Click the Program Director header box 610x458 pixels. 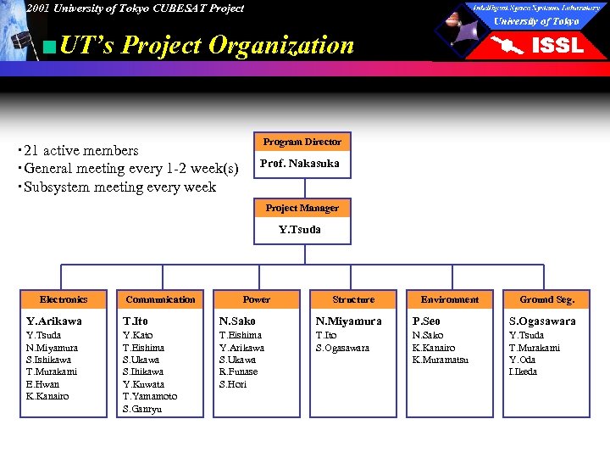pyautogui.click(x=302, y=142)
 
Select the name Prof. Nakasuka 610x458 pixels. pyautogui.click(x=300, y=164)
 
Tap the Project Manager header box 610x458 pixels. pyautogui.click(x=302, y=208)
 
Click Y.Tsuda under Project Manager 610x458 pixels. pyautogui.click(x=300, y=229)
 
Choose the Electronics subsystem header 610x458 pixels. pyautogui.click(x=64, y=299)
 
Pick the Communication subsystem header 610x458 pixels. pyautogui.click(x=160, y=299)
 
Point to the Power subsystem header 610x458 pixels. pyautogui.click(x=257, y=299)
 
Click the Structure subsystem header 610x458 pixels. pyautogui.click(x=353, y=299)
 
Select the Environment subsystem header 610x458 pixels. pyautogui.click(x=450, y=299)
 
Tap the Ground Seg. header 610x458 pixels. pyautogui.click(x=547, y=299)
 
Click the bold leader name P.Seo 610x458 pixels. pyautogui.click(x=426, y=321)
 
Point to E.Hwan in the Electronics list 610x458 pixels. pyautogui.click(x=43, y=384)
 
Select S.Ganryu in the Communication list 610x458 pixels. pyautogui.click(x=142, y=409)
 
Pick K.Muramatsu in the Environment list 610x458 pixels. pyautogui.click(x=441, y=360)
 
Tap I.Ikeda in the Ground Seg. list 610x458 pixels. pyautogui.click(x=523, y=371)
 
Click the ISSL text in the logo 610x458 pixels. pyautogui.click(x=557, y=45)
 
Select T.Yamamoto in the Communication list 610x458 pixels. pyautogui.click(x=150, y=396)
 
